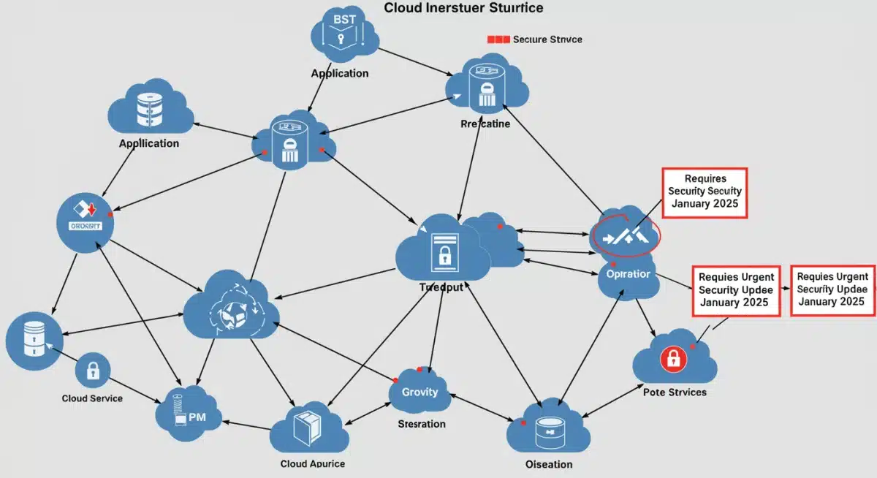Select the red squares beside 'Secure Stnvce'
(498, 39)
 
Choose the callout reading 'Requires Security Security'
(705, 192)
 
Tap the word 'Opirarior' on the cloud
(628, 275)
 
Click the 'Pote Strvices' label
(675, 392)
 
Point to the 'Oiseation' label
(548, 464)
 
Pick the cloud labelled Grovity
(419, 392)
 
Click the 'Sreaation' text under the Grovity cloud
(421, 424)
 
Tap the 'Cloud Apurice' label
(312, 463)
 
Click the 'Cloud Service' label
(92, 398)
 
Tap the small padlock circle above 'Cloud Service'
(93, 371)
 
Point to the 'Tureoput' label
(441, 287)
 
